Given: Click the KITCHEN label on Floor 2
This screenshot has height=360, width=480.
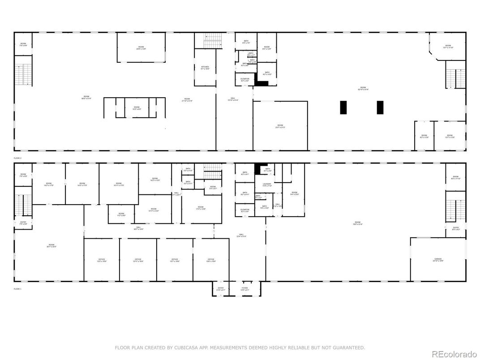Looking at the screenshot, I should [205, 67].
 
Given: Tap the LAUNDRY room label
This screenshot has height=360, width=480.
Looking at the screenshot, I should [267, 184].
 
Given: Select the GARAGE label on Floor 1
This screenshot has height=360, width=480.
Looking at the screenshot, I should [438, 259].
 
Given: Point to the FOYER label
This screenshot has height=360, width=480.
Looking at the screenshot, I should [244, 288].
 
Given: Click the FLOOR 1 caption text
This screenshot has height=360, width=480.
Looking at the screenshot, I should [17, 289].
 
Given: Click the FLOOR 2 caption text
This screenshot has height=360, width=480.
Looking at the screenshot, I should [17, 158].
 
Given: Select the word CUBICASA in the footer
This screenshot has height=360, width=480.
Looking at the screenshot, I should [191, 347].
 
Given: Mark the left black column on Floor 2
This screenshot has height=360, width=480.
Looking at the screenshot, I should [343, 107].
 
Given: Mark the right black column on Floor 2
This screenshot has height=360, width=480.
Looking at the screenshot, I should [380, 107].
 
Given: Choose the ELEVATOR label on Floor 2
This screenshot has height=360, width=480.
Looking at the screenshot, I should [245, 79].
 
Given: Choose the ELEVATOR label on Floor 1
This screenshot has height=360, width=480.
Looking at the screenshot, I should [245, 210].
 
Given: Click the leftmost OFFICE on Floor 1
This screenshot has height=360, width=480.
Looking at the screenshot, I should [102, 259].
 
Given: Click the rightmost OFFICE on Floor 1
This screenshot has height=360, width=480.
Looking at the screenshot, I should [211, 259].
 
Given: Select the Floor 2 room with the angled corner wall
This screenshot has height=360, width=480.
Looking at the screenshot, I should [448, 46].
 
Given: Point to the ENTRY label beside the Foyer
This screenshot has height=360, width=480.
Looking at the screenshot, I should [221, 288].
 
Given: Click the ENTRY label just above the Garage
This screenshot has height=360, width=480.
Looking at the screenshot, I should [456, 228].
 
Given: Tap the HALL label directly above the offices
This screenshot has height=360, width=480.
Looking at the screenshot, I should [138, 228].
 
